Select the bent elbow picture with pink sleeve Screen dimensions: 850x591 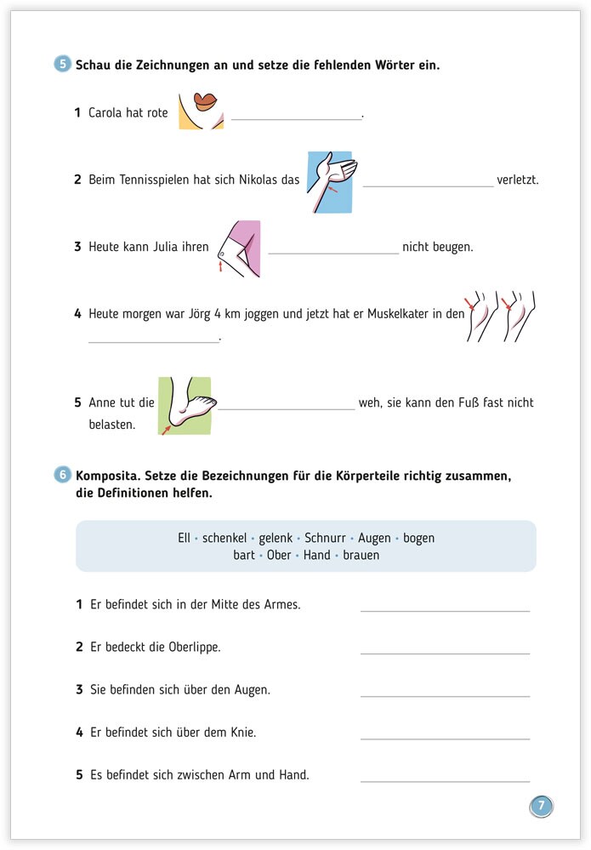tap(238, 248)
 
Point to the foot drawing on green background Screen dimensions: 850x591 tap(185, 405)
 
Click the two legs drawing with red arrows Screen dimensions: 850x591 tap(502, 317)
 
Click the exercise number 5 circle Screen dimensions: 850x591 tap(63, 64)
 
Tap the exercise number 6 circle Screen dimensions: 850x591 tap(63, 475)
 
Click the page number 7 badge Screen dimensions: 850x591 tap(541, 805)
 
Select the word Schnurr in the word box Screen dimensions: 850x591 tap(325, 538)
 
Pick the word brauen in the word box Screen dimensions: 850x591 tap(361, 555)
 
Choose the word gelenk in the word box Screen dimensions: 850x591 tap(276, 538)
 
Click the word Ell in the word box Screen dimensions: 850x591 tap(184, 538)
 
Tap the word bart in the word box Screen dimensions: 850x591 tap(244, 555)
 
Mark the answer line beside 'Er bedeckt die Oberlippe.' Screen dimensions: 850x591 tap(445, 653)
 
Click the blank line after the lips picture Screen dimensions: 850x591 tap(296, 119)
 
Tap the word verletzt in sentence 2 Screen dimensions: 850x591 tap(519, 180)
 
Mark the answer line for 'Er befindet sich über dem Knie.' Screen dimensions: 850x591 tap(445, 738)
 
